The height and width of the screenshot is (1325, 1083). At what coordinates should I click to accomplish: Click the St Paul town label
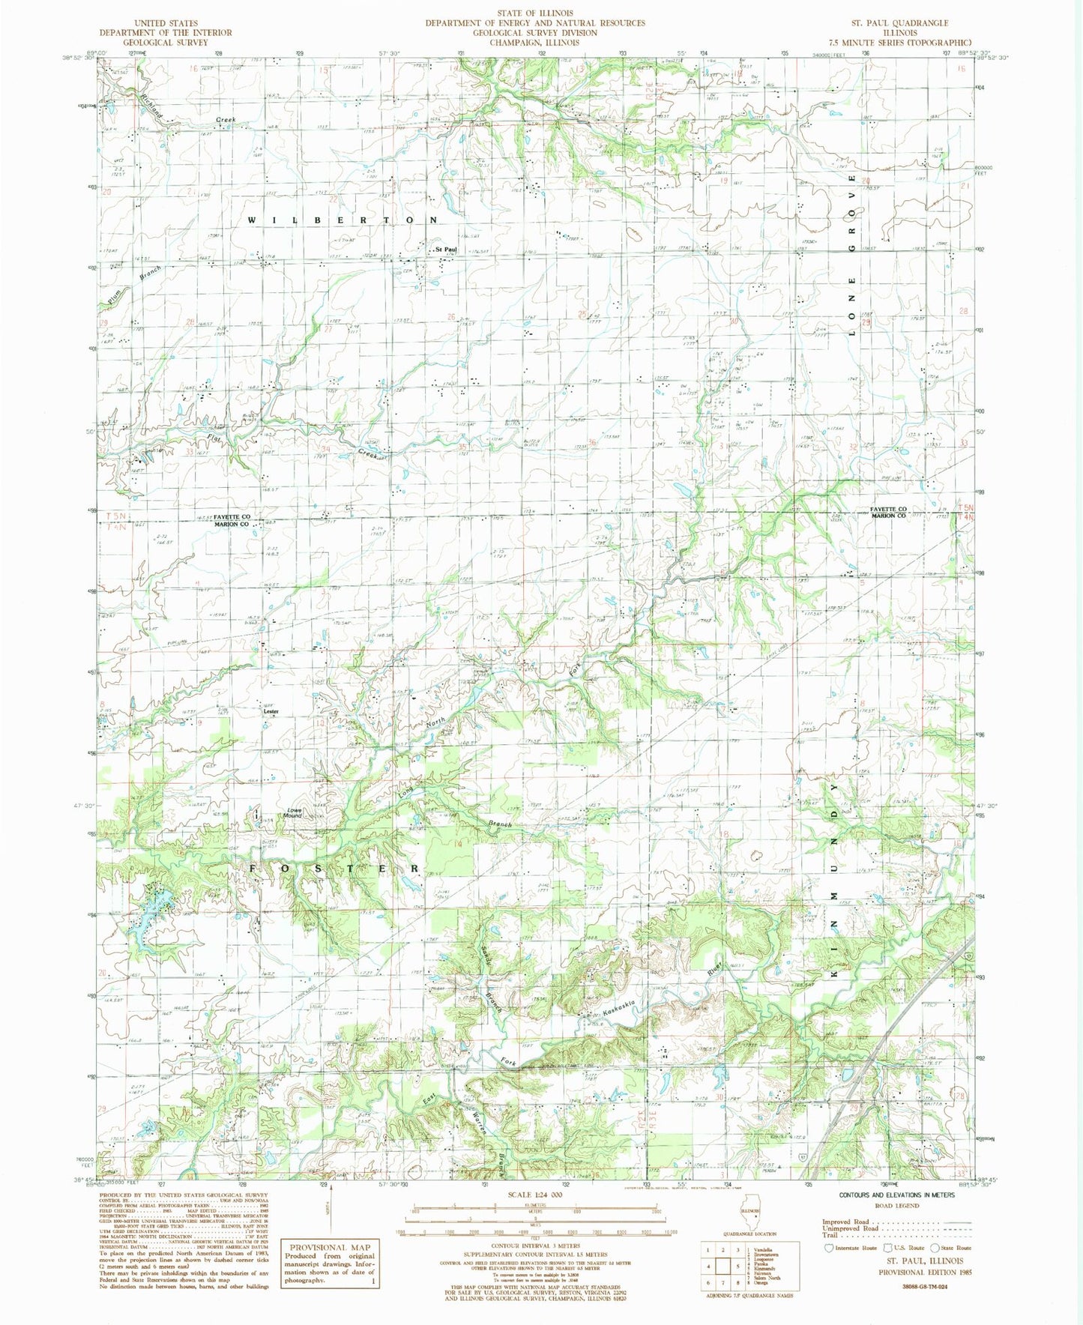(447, 250)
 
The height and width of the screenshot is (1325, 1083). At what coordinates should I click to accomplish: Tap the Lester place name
(260, 712)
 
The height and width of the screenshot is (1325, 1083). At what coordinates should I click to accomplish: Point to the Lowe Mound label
(292, 812)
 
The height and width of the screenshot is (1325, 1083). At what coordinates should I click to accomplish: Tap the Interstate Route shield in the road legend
(828, 1248)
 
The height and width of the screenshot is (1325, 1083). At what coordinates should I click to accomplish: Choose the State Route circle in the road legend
(934, 1248)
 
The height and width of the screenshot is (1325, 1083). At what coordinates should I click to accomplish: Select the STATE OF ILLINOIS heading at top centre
(535, 13)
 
